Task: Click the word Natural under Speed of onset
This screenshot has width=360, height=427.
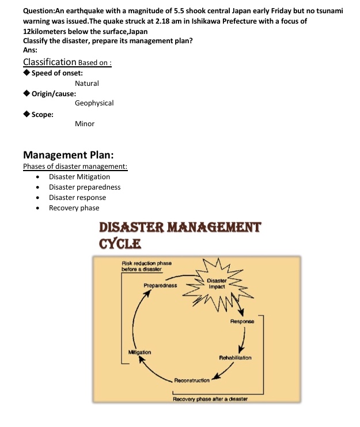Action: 87,84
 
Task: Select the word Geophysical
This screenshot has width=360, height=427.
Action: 94,103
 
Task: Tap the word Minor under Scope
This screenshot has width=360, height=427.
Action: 85,124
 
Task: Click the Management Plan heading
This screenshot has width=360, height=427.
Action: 68,155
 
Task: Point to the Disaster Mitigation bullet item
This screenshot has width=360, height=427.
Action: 79,177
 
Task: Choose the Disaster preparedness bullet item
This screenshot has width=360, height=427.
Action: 85,187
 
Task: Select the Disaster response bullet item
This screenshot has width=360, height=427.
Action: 77,198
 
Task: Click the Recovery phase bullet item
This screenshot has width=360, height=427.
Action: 74,208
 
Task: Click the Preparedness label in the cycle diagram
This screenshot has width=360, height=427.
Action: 160,285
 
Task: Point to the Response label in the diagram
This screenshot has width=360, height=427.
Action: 242,321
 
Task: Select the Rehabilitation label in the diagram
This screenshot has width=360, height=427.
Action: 235,358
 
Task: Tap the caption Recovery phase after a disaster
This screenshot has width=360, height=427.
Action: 210,398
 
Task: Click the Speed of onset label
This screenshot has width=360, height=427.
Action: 57,73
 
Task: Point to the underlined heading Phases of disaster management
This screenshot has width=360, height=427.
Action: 75,167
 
